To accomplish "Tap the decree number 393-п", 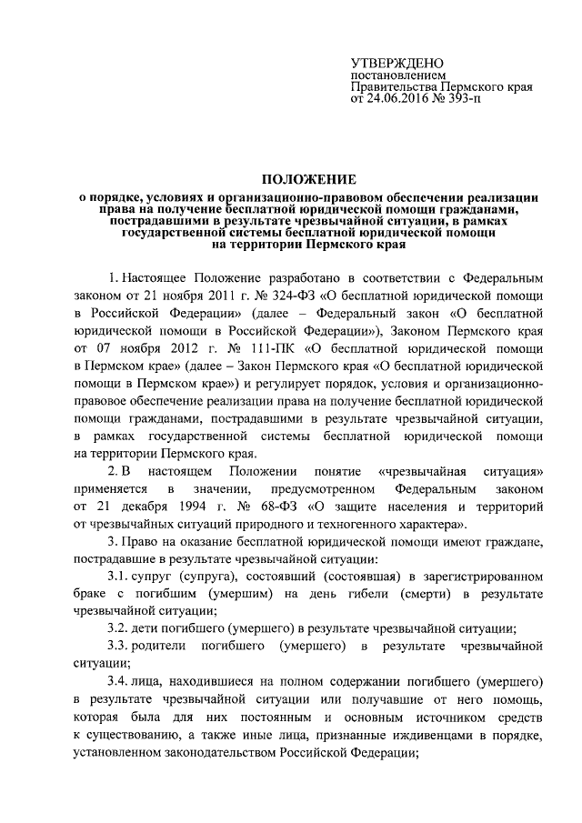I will tap(462, 98).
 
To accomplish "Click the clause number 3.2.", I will tap(119, 628).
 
